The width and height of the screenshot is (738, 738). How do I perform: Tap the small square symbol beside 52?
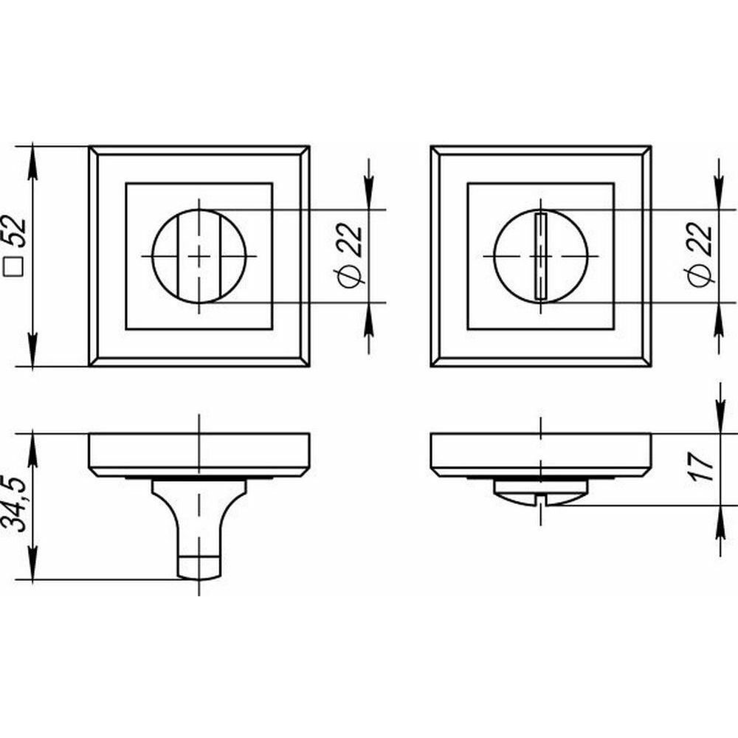[15, 267]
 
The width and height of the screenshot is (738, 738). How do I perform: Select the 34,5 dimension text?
[16, 503]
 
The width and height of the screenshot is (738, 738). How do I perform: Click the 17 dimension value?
[702, 466]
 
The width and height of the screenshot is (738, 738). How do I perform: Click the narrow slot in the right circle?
[541, 256]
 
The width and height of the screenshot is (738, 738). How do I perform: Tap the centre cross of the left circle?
[199, 256]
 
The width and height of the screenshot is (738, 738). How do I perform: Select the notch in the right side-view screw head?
[541, 500]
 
